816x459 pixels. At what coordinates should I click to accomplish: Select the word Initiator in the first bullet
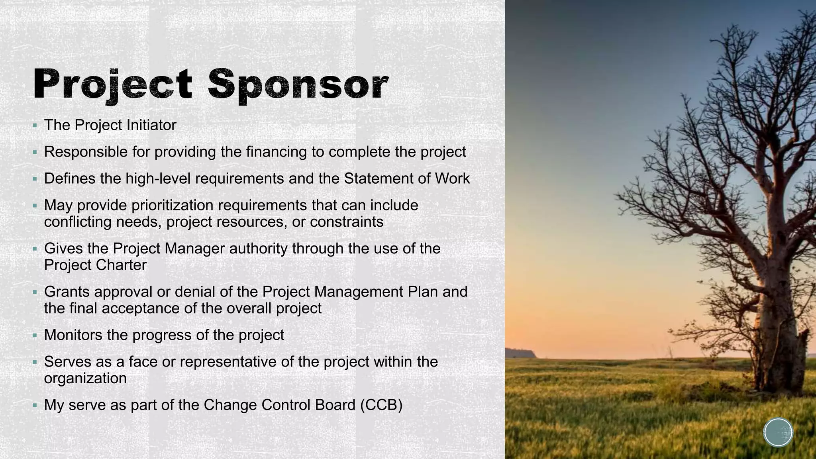(151, 125)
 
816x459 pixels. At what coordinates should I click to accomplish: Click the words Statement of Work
(407, 178)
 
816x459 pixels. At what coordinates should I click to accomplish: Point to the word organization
(85, 378)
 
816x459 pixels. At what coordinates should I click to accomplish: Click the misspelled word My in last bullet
(54, 405)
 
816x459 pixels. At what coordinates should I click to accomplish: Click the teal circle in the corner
(778, 432)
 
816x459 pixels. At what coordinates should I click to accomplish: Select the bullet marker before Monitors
(35, 335)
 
